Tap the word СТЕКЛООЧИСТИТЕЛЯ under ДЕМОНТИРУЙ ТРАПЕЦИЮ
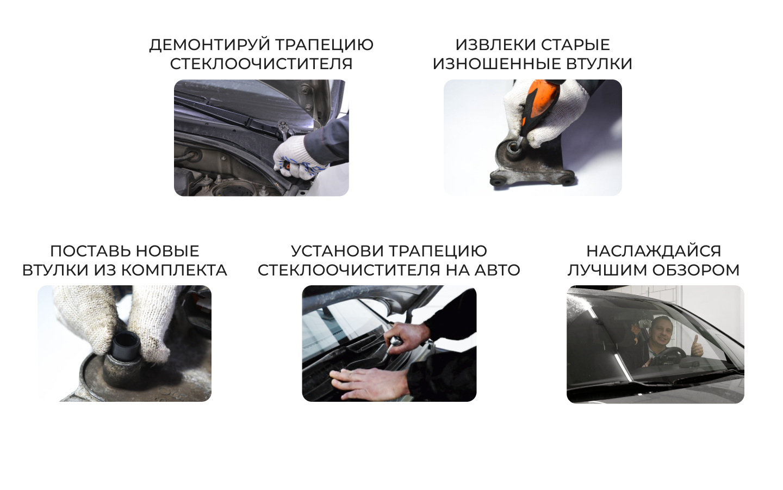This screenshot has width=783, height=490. click(261, 64)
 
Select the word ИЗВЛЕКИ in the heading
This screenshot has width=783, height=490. click(496, 45)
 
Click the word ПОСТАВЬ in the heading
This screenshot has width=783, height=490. click(90, 251)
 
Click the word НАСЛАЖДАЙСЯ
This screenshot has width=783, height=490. click(654, 251)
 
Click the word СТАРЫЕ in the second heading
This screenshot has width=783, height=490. click(576, 45)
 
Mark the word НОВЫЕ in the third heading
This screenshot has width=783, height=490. click(167, 251)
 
